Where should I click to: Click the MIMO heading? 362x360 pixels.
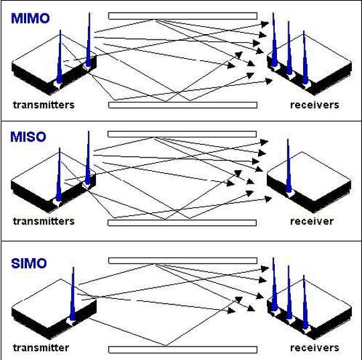tap(30, 19)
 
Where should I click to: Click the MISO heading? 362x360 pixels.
tap(28, 137)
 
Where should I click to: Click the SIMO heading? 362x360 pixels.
tap(29, 263)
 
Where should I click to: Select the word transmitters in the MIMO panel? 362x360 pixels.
tap(44, 105)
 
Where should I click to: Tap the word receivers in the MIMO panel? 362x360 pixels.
tap(314, 105)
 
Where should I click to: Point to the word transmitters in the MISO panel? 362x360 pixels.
tap(44, 221)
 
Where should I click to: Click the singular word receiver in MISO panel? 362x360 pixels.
tap(312, 221)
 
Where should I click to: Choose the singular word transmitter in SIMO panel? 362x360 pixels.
tap(41, 347)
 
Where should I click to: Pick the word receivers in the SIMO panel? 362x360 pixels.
tap(314, 347)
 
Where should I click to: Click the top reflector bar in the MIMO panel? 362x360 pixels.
tap(182, 15)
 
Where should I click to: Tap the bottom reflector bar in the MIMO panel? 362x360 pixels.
tap(182, 105)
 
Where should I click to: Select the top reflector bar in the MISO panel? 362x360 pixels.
tap(182, 134)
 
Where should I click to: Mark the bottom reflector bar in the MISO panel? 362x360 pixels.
tap(182, 223)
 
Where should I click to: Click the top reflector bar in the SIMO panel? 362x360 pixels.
tap(182, 260)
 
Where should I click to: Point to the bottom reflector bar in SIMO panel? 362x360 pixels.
tap(182, 349)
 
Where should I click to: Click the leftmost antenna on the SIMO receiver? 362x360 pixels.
tap(274, 285)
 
